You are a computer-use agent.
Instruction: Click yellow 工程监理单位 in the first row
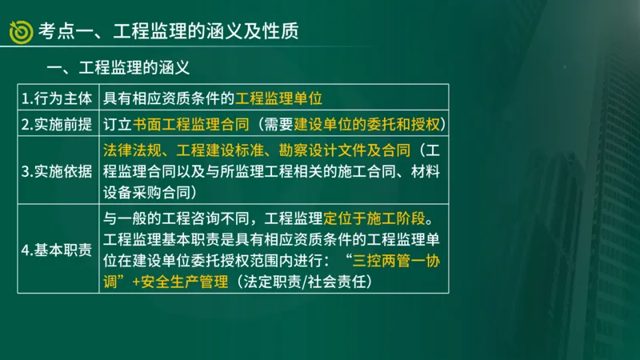pos(278,99)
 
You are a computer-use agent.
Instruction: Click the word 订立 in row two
pos(118,125)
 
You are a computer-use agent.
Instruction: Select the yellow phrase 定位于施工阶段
pos(380,218)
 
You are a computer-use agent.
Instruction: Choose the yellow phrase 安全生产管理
pos(183,282)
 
